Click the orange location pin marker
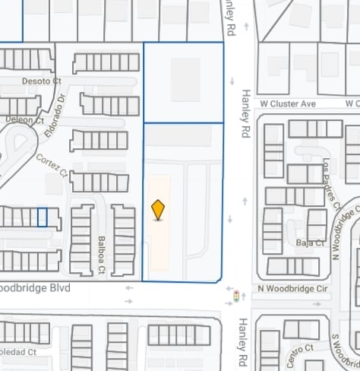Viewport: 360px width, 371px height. click(x=158, y=209)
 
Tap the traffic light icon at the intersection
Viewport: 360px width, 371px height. click(x=235, y=296)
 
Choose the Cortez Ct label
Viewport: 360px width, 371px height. click(x=52, y=166)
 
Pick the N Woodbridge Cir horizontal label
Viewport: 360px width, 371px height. click(x=292, y=289)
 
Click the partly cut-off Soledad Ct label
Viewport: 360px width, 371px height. click(x=18, y=352)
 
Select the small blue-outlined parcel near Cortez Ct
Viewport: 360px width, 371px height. click(x=43, y=217)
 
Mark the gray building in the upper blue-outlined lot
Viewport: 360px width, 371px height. click(x=185, y=79)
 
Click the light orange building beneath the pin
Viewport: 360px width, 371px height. click(x=159, y=236)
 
